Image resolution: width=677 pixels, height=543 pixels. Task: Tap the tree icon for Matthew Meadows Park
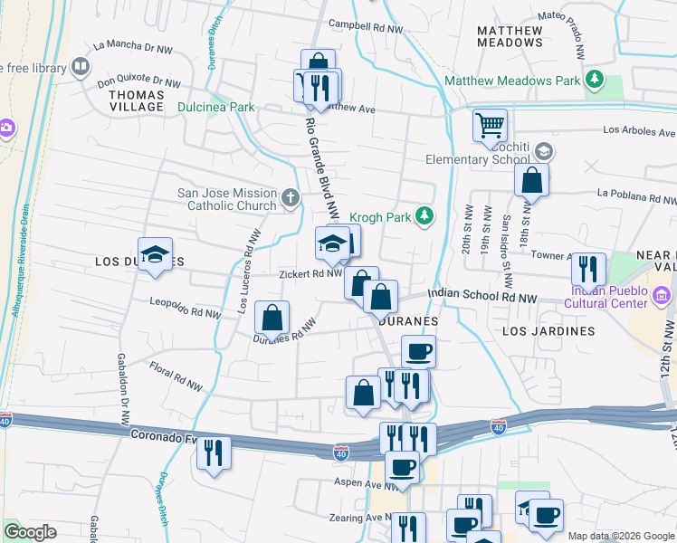coord(595,81)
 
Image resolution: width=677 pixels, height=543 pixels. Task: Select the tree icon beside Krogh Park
coord(423,215)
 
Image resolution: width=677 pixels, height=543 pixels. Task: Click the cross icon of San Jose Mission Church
coord(290,197)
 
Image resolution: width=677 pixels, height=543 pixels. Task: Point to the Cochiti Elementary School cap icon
coord(543,150)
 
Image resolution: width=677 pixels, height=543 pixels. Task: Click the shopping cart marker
coord(490,124)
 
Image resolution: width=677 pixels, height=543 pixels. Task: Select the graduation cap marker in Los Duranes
coord(155,253)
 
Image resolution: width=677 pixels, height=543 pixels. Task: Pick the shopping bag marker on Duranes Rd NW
coord(272,318)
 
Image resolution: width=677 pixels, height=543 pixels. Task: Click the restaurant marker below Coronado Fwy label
coord(214,452)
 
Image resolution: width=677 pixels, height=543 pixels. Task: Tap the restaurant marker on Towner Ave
coord(588,269)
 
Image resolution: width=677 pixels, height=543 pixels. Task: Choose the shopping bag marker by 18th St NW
coord(531,179)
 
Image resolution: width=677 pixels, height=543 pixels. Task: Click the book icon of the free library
coord(81,67)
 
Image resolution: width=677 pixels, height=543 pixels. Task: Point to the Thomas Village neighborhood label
coord(137,100)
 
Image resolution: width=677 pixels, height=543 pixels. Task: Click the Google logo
coord(30,532)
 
